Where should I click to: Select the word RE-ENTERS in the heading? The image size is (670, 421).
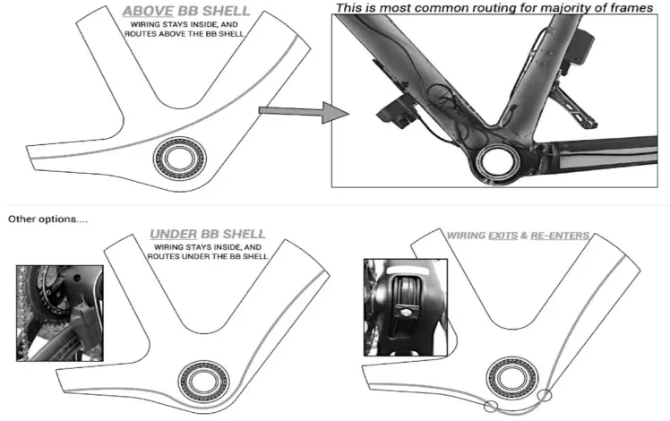click(561, 236)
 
